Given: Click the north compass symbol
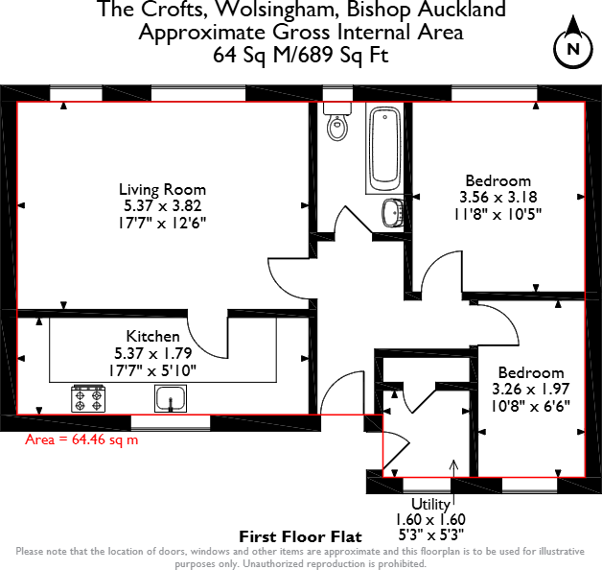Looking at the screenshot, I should (572, 48).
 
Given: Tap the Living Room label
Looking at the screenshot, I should (162, 189).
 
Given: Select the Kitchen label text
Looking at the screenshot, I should (153, 337).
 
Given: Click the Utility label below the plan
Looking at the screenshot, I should (430, 504).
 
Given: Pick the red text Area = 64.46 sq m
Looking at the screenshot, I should (81, 439).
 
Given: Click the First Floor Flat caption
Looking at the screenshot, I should (300, 536).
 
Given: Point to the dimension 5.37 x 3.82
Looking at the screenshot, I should (162, 205).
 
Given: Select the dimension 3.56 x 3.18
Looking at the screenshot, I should (498, 198).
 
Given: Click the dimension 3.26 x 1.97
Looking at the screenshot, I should (530, 390).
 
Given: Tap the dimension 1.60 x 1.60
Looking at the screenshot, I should (430, 519).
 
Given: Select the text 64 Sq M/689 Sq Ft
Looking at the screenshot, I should (300, 55).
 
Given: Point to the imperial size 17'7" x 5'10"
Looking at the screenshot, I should (154, 368).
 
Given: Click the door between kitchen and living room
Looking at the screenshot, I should (206, 336).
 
